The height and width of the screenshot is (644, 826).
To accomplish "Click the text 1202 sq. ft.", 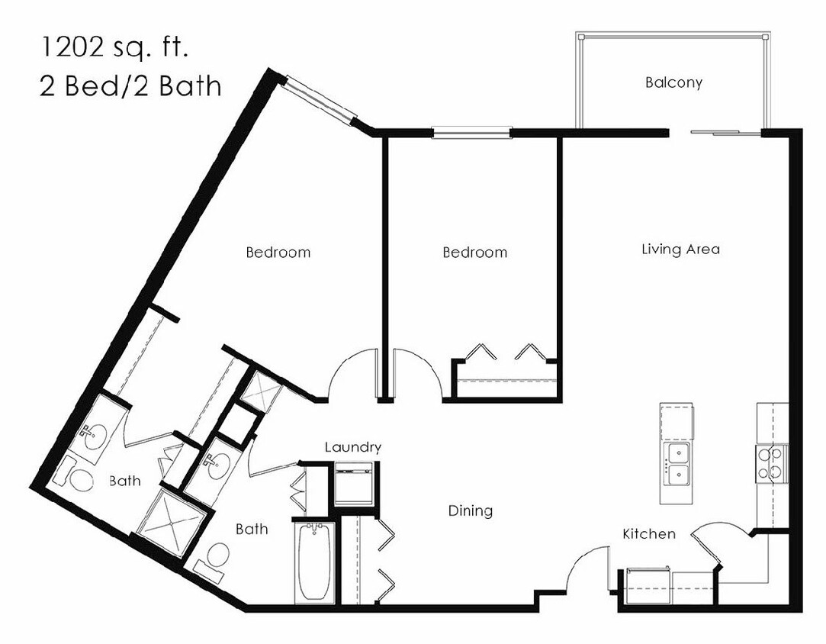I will (x=114, y=49).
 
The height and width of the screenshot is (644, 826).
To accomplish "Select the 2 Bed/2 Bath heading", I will (x=130, y=86).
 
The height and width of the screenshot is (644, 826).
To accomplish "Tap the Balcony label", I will (x=673, y=82).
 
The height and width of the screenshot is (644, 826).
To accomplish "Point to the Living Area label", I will (x=680, y=249).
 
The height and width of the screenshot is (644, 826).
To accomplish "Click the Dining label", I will (x=470, y=510).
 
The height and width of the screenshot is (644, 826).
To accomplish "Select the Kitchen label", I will (x=648, y=533).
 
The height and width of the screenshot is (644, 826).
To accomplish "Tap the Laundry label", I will (x=352, y=447).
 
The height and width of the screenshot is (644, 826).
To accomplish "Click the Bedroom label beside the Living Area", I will (x=474, y=252).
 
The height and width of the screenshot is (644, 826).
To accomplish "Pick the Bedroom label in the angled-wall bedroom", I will (x=278, y=252).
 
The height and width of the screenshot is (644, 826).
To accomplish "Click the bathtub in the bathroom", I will (x=313, y=561).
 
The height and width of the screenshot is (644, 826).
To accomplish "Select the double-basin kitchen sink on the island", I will (x=677, y=464).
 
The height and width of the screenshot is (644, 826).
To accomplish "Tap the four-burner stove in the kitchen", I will (x=771, y=462).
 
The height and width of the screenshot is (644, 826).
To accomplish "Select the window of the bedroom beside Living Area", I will (x=471, y=132).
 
